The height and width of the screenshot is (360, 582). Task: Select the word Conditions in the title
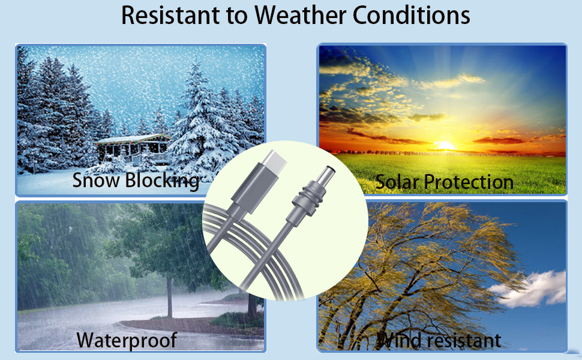coord(411,16)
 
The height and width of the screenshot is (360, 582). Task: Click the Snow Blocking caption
coord(136,181)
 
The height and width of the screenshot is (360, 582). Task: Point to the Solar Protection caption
coord(444,182)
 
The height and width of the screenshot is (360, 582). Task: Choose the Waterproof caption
coord(127,340)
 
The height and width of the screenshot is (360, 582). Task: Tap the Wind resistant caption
coord(439,340)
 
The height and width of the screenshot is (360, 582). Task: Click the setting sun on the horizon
coord(444,145)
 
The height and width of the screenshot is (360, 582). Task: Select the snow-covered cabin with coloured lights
coord(133,149)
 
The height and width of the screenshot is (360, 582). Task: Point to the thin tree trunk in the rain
coord(169,297)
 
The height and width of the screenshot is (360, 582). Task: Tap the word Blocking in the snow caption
coord(162,181)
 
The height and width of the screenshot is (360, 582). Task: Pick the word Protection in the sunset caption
coord(469,182)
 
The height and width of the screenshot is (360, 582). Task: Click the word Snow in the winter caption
coord(96,180)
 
